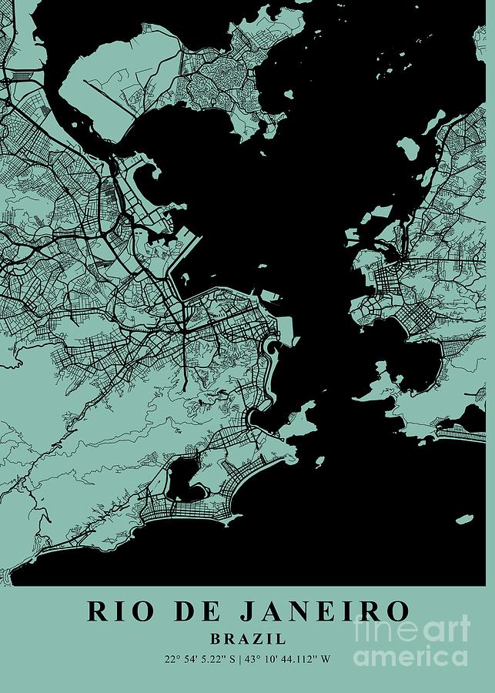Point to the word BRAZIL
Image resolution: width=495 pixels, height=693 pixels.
tap(248, 638)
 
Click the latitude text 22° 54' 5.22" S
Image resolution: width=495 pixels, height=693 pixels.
tap(199, 658)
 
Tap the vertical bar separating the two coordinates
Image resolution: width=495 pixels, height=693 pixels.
tap(239, 658)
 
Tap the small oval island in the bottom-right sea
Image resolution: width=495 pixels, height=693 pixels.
tap(464, 521)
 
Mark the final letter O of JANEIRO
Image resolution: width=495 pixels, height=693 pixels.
tap(396, 611)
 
